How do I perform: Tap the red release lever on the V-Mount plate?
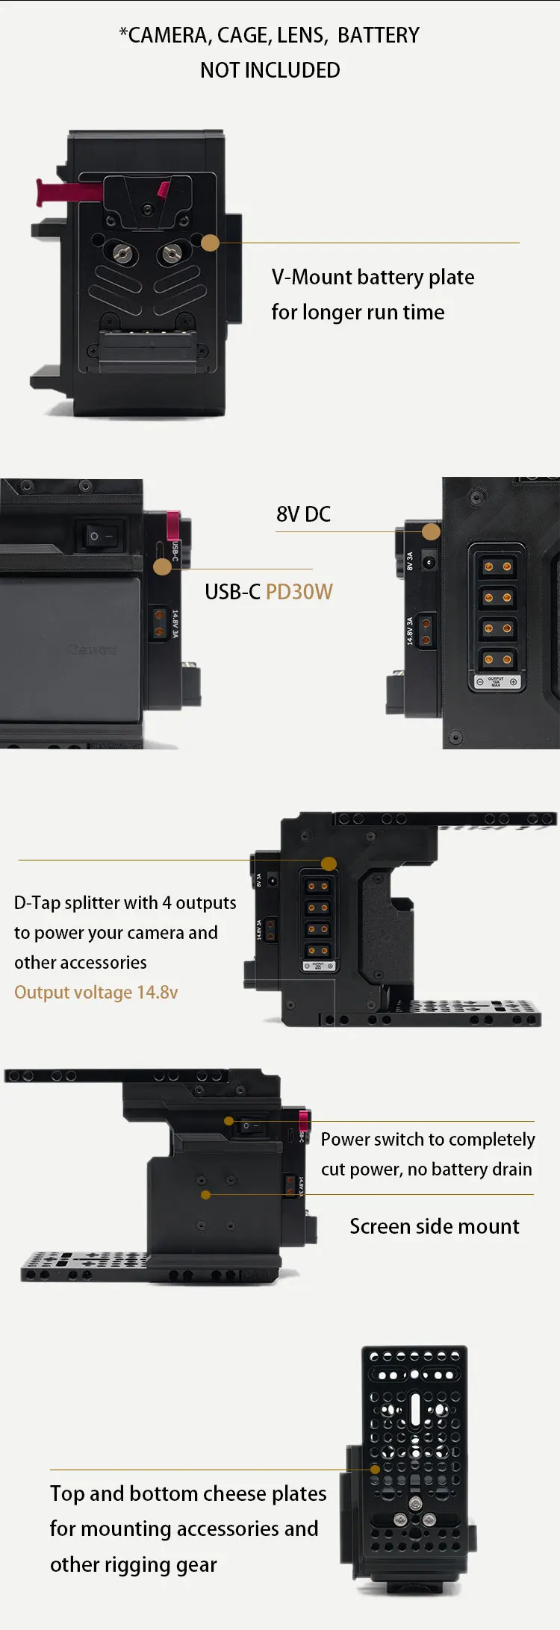click(67, 192)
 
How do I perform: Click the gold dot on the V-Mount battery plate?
click(211, 243)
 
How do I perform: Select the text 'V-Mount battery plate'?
click(373, 277)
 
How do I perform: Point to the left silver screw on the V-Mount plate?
click(122, 255)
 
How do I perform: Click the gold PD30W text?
click(299, 592)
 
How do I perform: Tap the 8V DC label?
click(303, 514)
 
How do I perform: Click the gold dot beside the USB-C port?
click(162, 566)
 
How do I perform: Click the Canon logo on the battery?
click(91, 649)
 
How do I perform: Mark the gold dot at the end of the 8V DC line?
click(431, 531)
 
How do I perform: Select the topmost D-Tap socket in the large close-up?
click(497, 566)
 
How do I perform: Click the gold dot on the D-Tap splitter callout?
click(329, 864)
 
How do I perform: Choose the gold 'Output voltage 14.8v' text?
click(96, 992)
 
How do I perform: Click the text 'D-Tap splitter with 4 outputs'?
click(125, 903)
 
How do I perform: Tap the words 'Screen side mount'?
click(434, 1226)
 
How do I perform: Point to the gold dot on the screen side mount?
click(206, 1195)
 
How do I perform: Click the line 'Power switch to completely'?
click(427, 1140)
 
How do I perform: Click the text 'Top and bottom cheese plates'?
click(188, 1493)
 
